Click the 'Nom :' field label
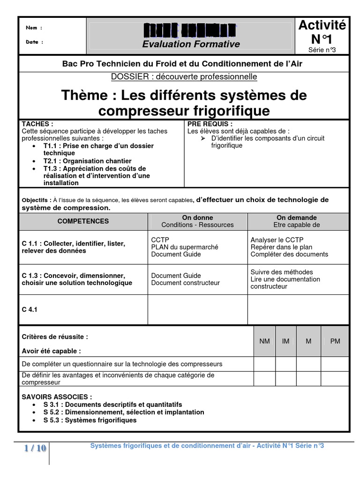click(x=34, y=28)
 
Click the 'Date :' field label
click(x=34, y=42)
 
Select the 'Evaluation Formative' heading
click(x=191, y=44)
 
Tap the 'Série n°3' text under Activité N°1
click(x=322, y=50)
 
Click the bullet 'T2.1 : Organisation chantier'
click(x=88, y=161)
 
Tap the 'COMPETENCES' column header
click(x=83, y=221)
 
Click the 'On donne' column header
click(x=197, y=217)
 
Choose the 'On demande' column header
click(x=297, y=217)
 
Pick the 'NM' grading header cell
click(x=264, y=341)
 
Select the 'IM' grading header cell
click(x=285, y=341)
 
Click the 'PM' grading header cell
click(x=335, y=341)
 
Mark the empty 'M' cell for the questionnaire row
click(x=308, y=364)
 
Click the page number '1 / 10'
click(x=35, y=449)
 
